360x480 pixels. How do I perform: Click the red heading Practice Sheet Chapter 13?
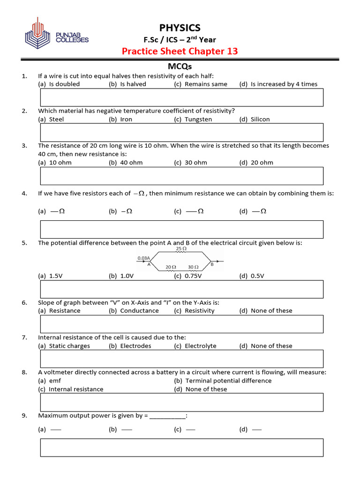[x=180, y=51]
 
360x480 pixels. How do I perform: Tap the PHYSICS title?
[x=180, y=28]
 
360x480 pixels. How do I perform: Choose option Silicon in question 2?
[x=260, y=120]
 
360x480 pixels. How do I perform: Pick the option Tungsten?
[x=198, y=120]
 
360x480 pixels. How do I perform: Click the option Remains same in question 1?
[x=206, y=84]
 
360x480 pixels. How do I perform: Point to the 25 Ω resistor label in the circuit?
[x=181, y=249]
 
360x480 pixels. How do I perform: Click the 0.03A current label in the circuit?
[x=144, y=258]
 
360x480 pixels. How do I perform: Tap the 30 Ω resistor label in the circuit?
[x=193, y=267]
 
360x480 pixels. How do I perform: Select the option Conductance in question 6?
[x=139, y=311]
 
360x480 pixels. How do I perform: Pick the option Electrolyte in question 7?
[x=201, y=346]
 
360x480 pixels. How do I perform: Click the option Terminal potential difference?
[x=228, y=381]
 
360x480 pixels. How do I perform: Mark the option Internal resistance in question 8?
[x=76, y=389]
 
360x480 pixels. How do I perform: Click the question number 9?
[x=24, y=415]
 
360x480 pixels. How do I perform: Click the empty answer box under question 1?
[x=182, y=97]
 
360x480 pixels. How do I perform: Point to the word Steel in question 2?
[x=56, y=120]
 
